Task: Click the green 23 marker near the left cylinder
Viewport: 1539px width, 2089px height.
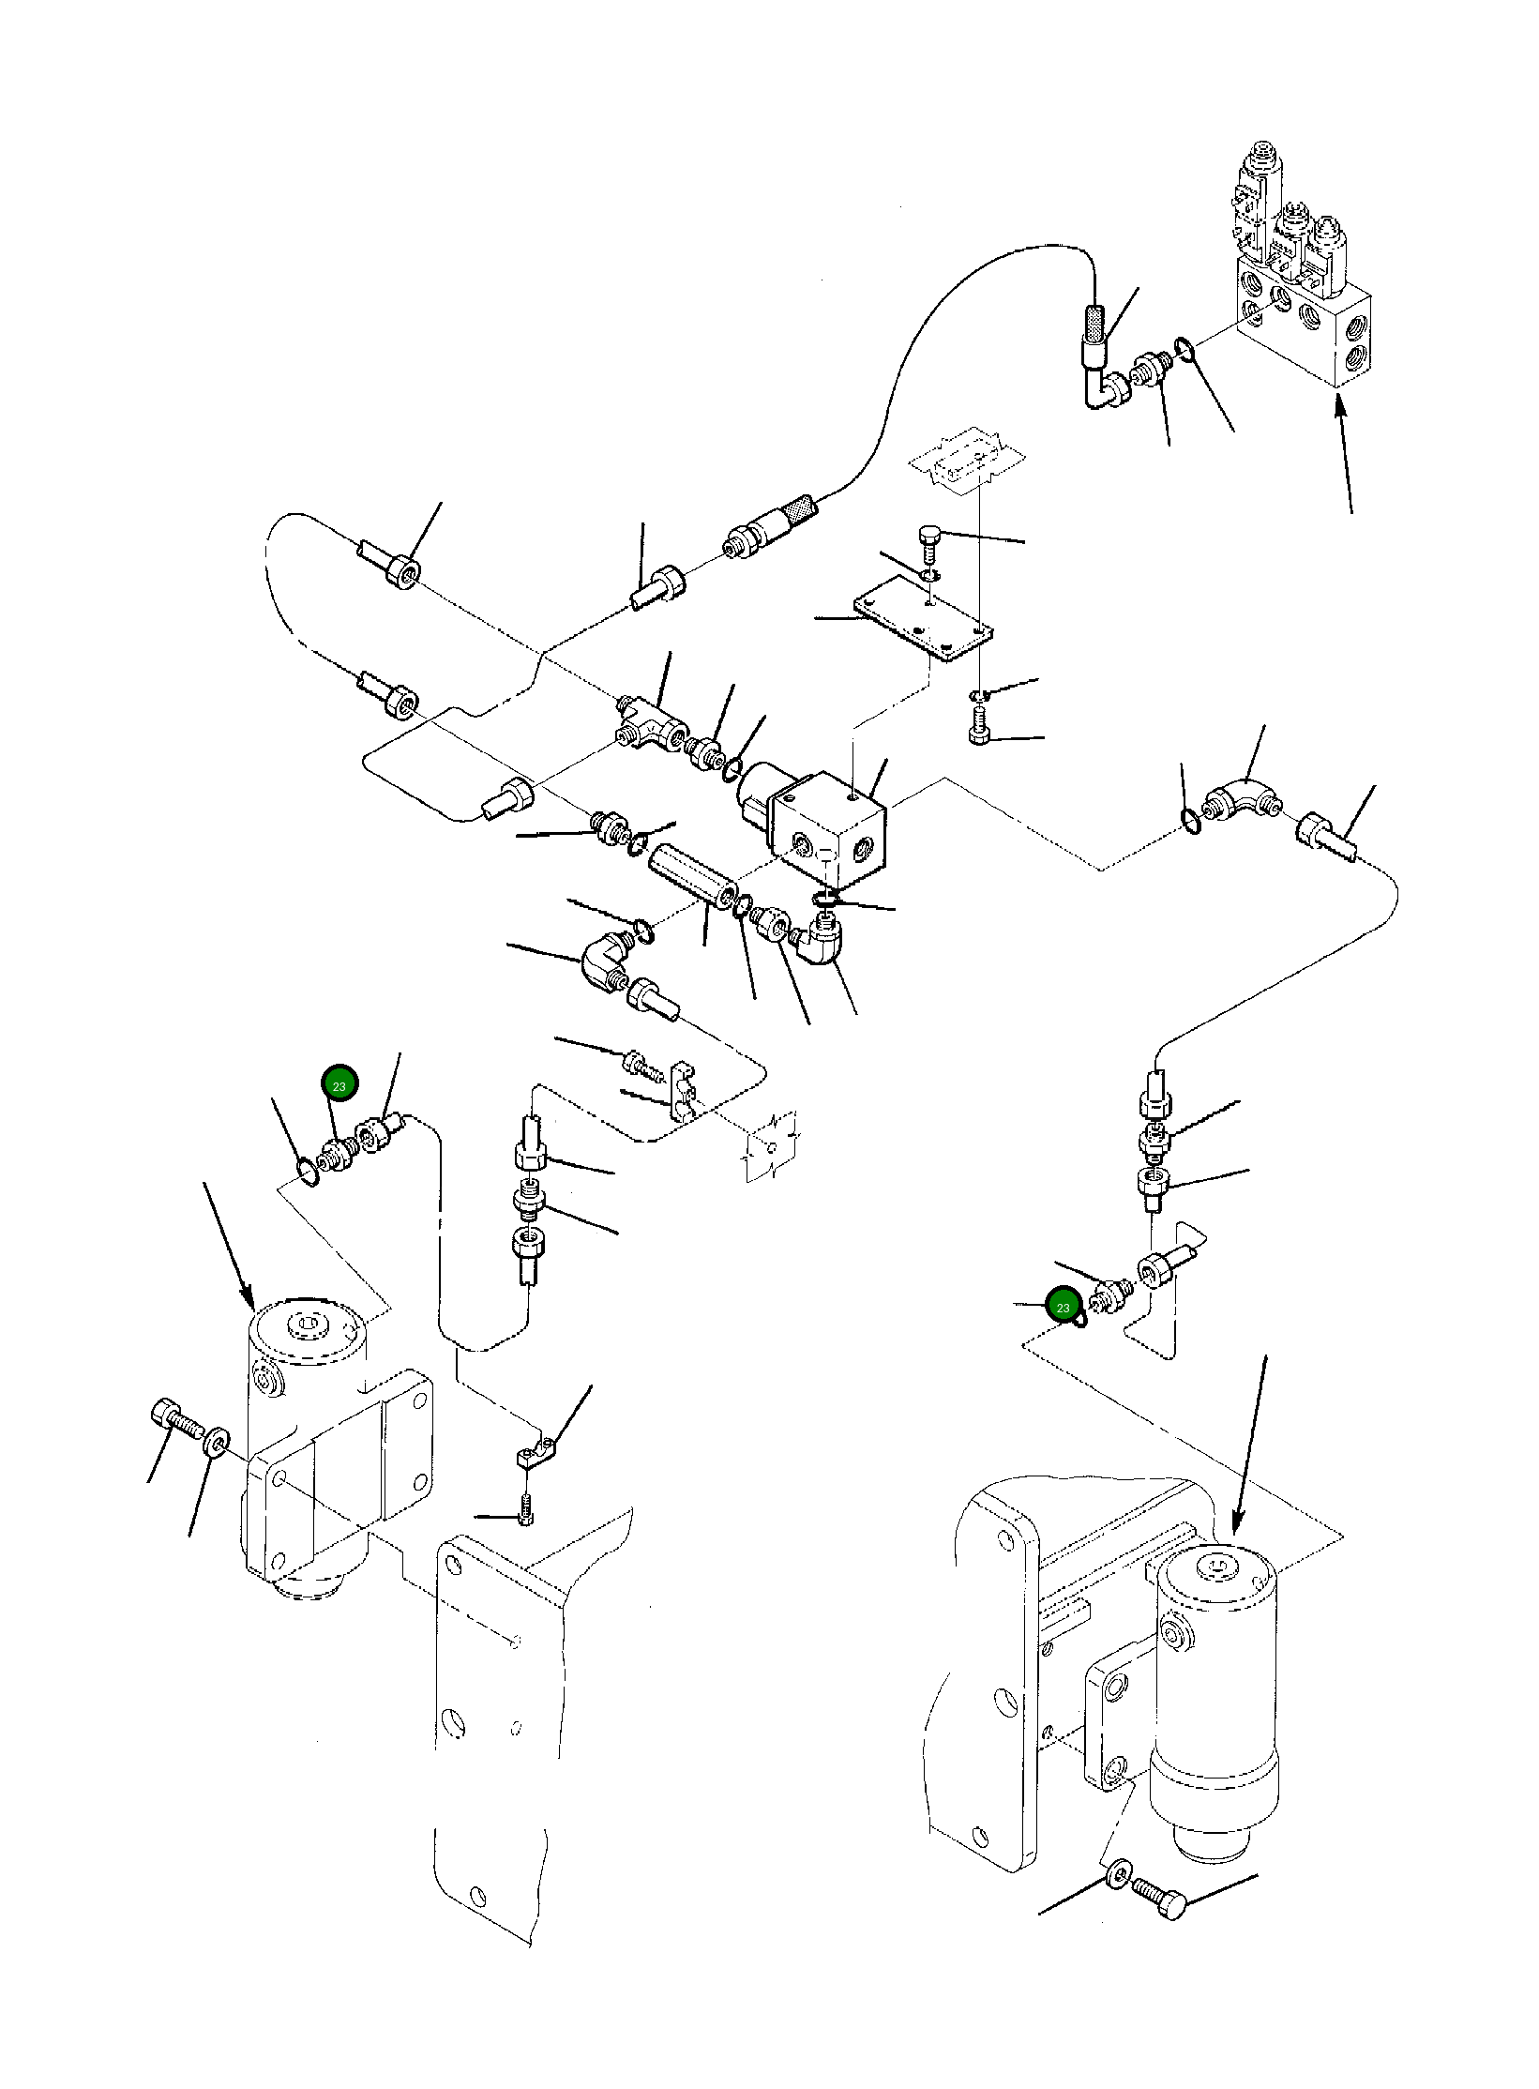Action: (x=339, y=1086)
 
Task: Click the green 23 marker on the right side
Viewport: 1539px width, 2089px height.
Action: (x=1063, y=1307)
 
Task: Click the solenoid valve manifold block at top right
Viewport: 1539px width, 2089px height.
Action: (x=1304, y=329)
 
